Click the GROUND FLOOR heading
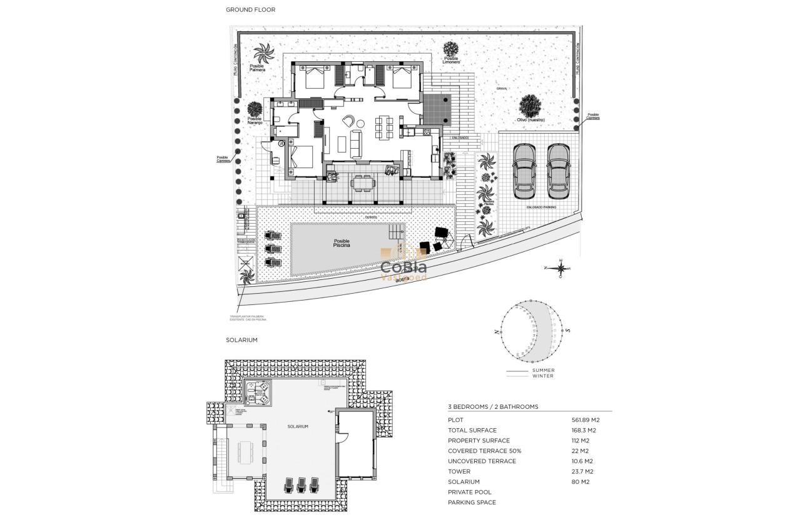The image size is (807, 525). coord(250,10)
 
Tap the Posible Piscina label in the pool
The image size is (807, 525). coord(342,243)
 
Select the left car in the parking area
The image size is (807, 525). coord(524,171)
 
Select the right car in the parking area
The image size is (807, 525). coord(558,171)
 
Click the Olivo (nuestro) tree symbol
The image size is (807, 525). coord(530,105)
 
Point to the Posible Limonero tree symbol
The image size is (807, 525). coord(450,49)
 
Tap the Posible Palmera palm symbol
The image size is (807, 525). coord(263,52)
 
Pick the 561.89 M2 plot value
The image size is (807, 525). coord(586,420)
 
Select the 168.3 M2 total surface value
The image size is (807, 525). coord(584,430)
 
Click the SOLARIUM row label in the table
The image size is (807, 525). coord(464,482)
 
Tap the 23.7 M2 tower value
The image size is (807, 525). coord(582,471)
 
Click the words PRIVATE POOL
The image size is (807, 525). coord(469,492)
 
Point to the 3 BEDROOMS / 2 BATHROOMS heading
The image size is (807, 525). coord(493,407)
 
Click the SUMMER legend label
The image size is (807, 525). coord(543,370)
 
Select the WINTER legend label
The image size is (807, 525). coord(542,376)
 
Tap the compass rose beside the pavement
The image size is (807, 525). coord(561,268)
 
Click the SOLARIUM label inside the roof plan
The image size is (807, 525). coord(298,426)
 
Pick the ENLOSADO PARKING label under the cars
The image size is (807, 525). coord(541,206)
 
